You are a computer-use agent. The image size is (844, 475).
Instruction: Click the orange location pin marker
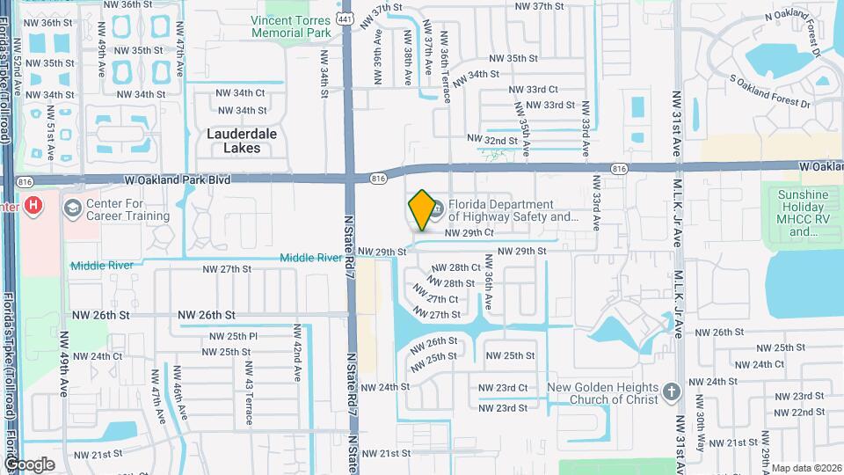(x=422, y=209)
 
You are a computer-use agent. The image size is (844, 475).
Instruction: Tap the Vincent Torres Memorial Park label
(x=290, y=26)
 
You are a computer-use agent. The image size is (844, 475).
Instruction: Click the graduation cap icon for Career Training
(x=73, y=208)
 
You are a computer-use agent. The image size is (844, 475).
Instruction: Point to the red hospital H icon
(x=33, y=206)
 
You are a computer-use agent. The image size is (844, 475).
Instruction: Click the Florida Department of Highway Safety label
(x=513, y=209)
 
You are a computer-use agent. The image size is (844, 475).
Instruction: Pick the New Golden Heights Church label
(x=602, y=393)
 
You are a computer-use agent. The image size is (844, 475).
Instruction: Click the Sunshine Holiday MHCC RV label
(x=803, y=213)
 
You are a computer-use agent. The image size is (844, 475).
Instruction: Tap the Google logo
(x=29, y=464)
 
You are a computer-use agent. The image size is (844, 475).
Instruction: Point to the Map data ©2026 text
(x=806, y=468)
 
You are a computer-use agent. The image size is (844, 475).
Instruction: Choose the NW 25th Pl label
(x=229, y=336)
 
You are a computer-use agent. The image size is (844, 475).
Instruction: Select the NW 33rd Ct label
(x=533, y=90)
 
